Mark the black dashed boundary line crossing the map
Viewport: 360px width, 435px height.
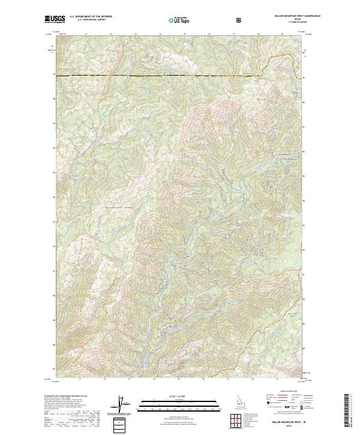156,75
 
